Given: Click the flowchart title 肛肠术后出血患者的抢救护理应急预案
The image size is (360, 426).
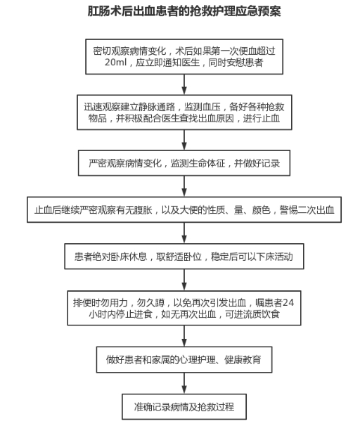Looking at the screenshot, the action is tap(184, 11).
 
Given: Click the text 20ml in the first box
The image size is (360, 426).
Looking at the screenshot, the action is tap(115, 63).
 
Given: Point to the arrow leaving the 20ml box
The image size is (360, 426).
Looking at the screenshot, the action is tap(184, 84).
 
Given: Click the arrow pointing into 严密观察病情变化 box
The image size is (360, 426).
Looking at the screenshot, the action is tap(184, 140).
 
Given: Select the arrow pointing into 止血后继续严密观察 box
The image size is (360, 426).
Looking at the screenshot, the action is tap(184, 186).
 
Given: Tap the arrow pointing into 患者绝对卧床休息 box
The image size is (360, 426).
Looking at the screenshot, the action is tap(184, 233).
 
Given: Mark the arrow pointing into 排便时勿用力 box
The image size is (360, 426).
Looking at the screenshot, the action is tap(184, 280).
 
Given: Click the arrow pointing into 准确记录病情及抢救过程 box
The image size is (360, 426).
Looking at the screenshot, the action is tap(184, 383).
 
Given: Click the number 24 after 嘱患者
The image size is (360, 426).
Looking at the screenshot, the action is tap(288, 303).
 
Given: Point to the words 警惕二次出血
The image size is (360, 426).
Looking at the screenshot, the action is tap(307, 210).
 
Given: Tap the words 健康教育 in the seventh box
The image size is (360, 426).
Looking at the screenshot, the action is tap(243, 360).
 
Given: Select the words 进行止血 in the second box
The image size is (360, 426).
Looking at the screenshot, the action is tap(261, 119).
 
